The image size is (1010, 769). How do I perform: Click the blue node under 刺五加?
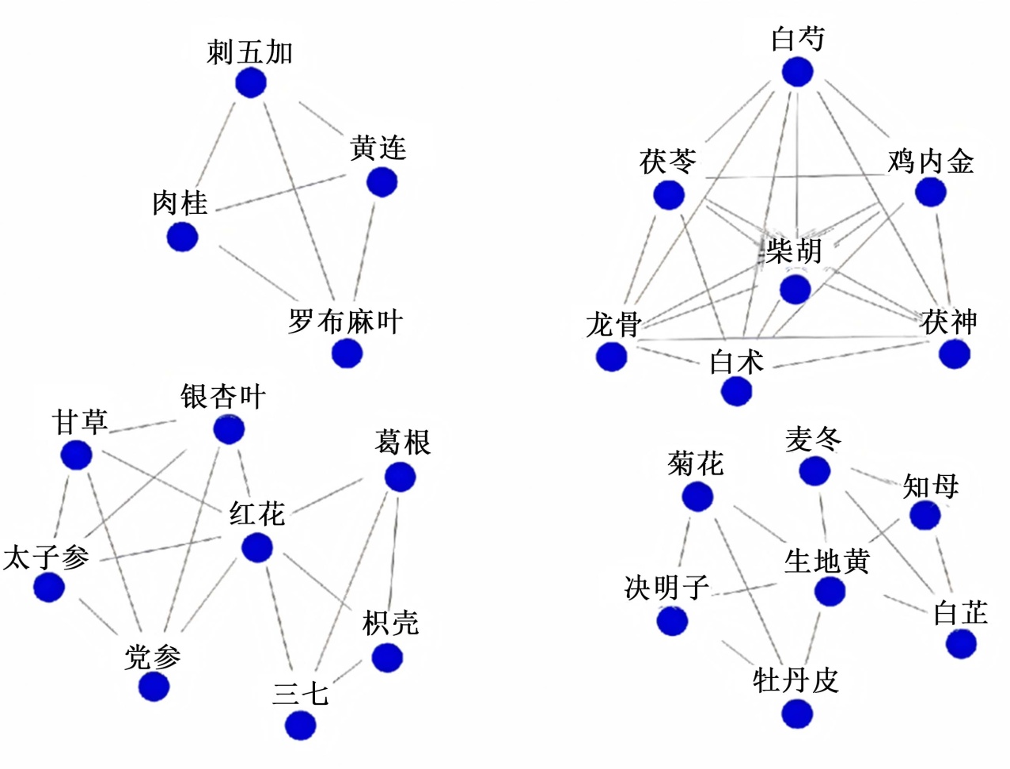click(x=251, y=82)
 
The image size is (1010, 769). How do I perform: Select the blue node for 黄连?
click(x=382, y=182)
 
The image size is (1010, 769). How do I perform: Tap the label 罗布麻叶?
click(x=345, y=322)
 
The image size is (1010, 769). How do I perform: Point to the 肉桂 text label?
click(x=180, y=203)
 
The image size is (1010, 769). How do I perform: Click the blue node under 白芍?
click(x=797, y=72)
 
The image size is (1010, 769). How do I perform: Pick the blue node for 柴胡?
click(x=795, y=289)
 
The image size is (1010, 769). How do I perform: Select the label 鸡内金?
click(x=930, y=162)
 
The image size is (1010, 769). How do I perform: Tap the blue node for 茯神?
click(x=955, y=353)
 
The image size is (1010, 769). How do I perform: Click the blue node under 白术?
click(x=736, y=391)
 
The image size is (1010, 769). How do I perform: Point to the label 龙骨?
click(x=613, y=324)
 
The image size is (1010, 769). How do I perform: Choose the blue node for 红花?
click(x=257, y=547)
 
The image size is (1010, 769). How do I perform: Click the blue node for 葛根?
click(x=400, y=477)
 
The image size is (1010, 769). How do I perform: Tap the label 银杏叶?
click(x=223, y=397)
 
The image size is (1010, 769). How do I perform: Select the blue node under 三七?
click(x=301, y=725)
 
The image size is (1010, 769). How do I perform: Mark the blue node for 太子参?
click(x=49, y=587)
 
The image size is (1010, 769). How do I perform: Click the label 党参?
click(x=152, y=657)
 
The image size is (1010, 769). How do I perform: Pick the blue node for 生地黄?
click(x=830, y=591)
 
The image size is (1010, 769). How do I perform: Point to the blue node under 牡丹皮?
click(x=797, y=714)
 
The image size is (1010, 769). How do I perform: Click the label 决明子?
click(x=666, y=588)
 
